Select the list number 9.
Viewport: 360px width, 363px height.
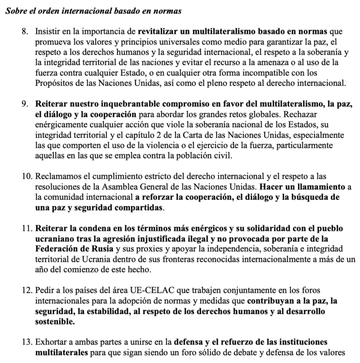26,104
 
